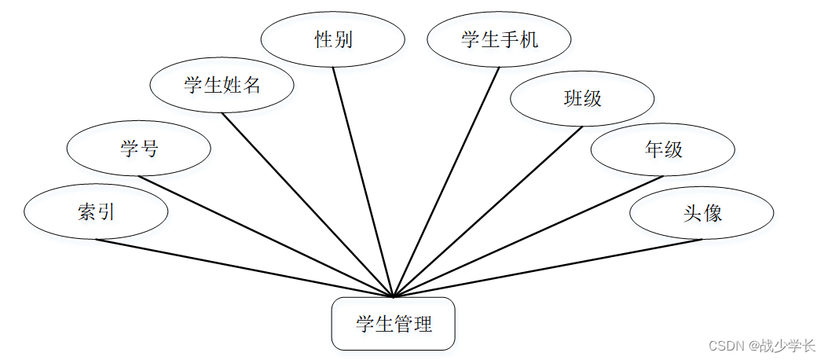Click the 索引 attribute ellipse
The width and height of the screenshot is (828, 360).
96,212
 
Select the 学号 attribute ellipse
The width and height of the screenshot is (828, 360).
139,148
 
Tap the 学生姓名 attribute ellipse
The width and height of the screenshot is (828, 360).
222,85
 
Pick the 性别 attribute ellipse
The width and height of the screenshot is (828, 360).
333,39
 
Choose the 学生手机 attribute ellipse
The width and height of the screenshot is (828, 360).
500,39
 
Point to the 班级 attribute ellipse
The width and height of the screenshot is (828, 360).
583,98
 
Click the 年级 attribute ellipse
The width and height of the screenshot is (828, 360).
663,149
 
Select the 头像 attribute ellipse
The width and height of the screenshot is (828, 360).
702,212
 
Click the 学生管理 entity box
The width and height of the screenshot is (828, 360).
394,323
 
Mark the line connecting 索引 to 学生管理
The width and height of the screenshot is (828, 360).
244,268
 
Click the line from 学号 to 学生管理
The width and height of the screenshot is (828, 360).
266,236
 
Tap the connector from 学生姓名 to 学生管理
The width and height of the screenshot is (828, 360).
307,205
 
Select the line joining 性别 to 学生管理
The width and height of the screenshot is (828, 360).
363,182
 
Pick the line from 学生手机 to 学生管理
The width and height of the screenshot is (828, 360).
446,182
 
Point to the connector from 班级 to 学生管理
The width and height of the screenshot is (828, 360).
488,211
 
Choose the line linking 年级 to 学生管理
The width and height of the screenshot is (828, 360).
528,236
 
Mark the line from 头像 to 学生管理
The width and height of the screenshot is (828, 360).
548,268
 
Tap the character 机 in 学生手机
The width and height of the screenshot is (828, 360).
529,39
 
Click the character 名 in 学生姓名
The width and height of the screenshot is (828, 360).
251,85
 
